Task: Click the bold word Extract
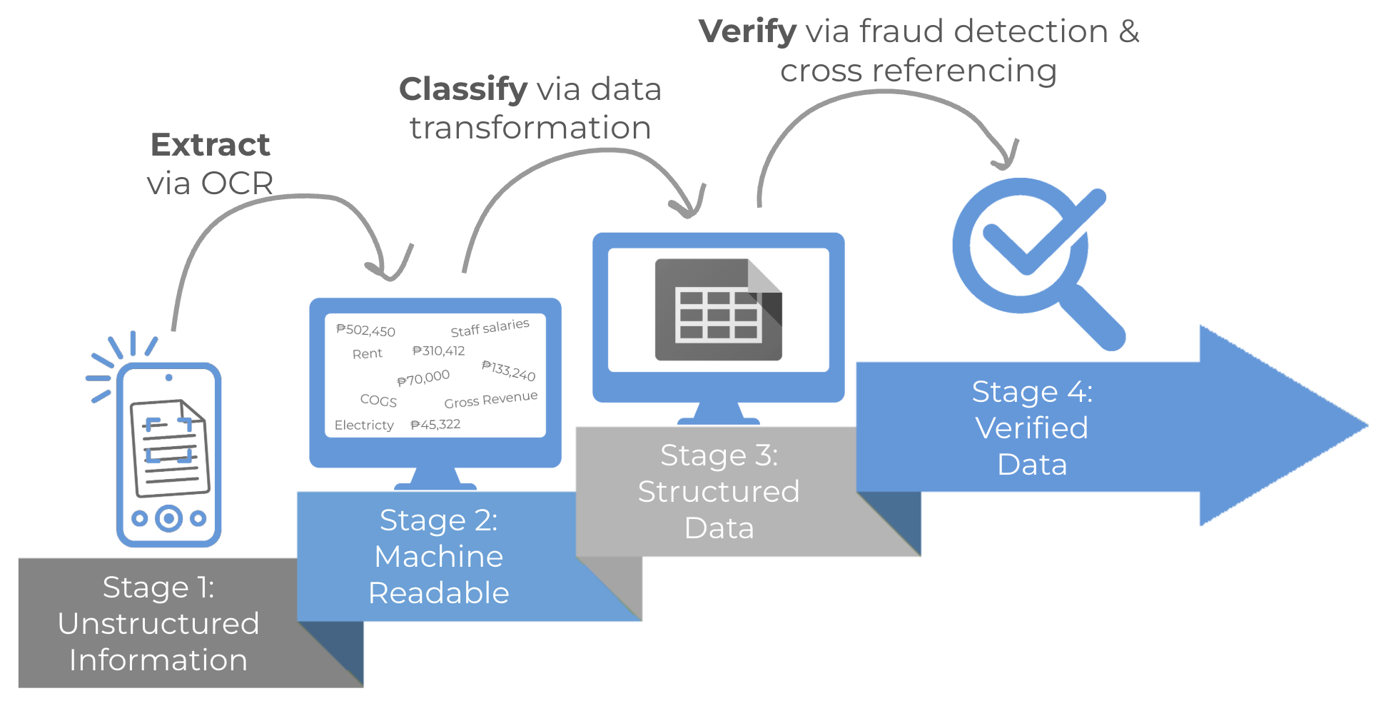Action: click(210, 145)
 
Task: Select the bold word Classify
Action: click(462, 89)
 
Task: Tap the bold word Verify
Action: click(747, 31)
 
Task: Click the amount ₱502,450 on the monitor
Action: click(365, 331)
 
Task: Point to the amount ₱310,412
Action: click(438, 350)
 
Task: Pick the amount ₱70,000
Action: click(423, 378)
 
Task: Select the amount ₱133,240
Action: click(508, 370)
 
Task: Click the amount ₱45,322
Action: click(435, 425)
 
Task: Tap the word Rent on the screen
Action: click(367, 354)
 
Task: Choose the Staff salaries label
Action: click(490, 328)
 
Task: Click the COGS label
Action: click(378, 400)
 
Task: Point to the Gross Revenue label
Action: click(490, 400)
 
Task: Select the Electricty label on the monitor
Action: click(363, 425)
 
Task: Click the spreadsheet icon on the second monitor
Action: click(718, 310)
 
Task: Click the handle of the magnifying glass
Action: click(1092, 317)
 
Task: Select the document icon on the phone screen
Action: click(170, 448)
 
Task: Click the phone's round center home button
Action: click(169, 518)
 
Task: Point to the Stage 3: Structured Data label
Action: click(719, 492)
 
